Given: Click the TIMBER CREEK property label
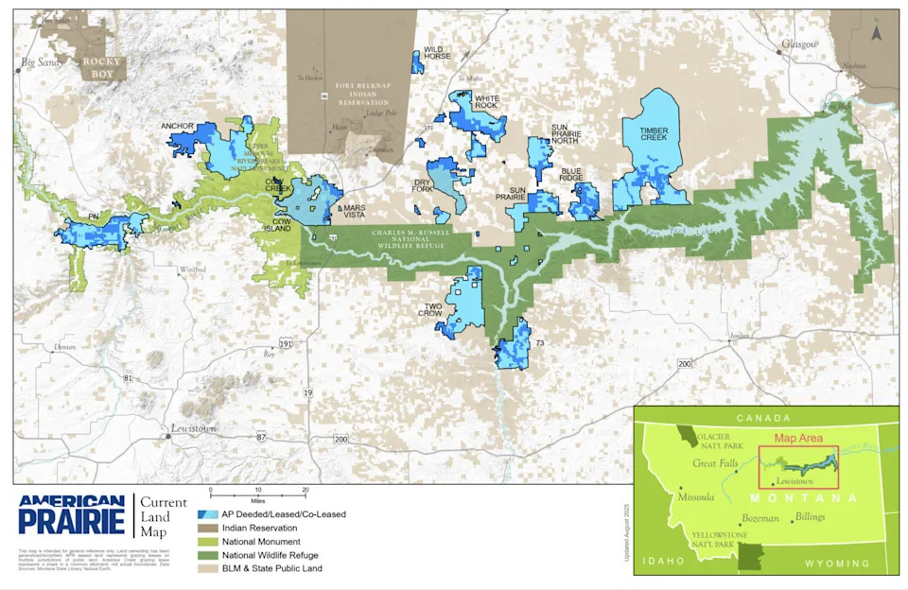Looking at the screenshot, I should point(653,134).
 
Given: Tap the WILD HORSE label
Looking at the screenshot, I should point(437,53).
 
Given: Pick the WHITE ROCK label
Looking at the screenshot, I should point(487,102).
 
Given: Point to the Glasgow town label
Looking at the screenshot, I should point(798,43).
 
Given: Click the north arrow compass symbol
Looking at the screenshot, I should point(876,31).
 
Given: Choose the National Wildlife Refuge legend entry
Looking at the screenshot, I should point(269,555).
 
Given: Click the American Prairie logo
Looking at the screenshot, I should point(70,514).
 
